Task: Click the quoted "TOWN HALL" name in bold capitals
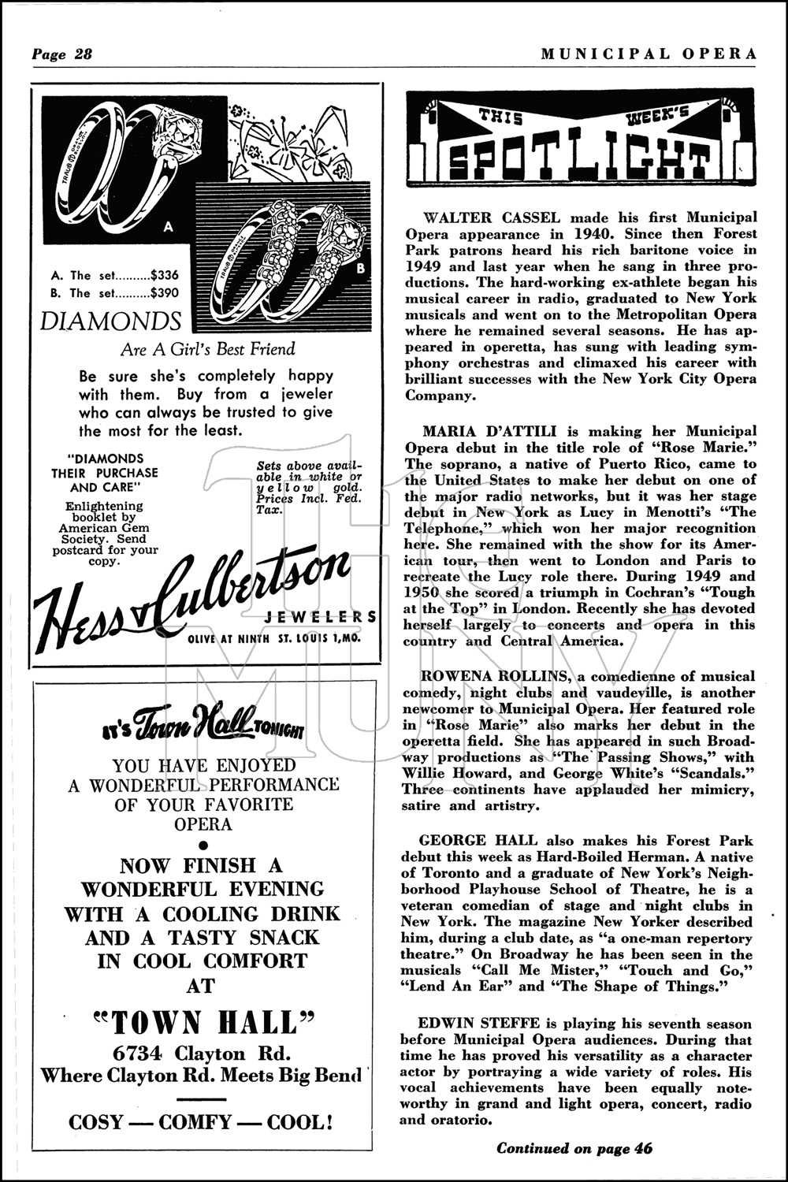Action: [x=201, y=1022]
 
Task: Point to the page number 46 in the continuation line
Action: [x=643, y=1148]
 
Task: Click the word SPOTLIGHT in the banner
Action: [x=574, y=161]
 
